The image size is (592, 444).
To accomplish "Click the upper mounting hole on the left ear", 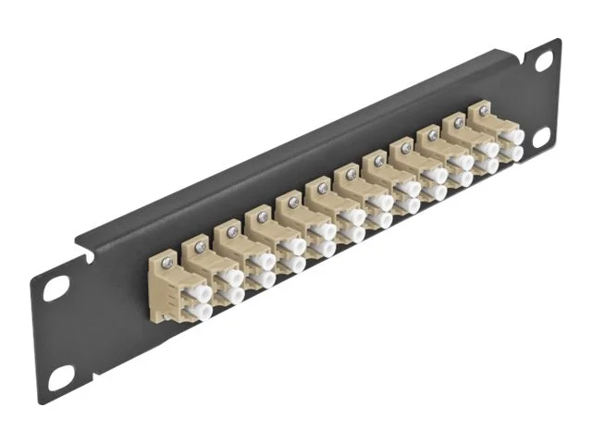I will coord(56,289).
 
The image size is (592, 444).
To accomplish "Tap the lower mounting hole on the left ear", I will coord(60,376).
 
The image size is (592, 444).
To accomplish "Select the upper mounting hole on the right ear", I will coord(543,62).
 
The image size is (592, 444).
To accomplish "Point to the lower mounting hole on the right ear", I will coord(542,136).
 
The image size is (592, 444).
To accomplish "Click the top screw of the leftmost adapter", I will coord(166,262).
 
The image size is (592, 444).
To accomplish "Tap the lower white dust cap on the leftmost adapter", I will coord(201,310).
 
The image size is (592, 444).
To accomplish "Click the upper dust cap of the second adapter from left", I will coord(231,276).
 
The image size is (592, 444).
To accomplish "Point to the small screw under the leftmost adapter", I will coord(159,317).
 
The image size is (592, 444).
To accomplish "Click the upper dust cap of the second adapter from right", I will coord(488,149).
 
